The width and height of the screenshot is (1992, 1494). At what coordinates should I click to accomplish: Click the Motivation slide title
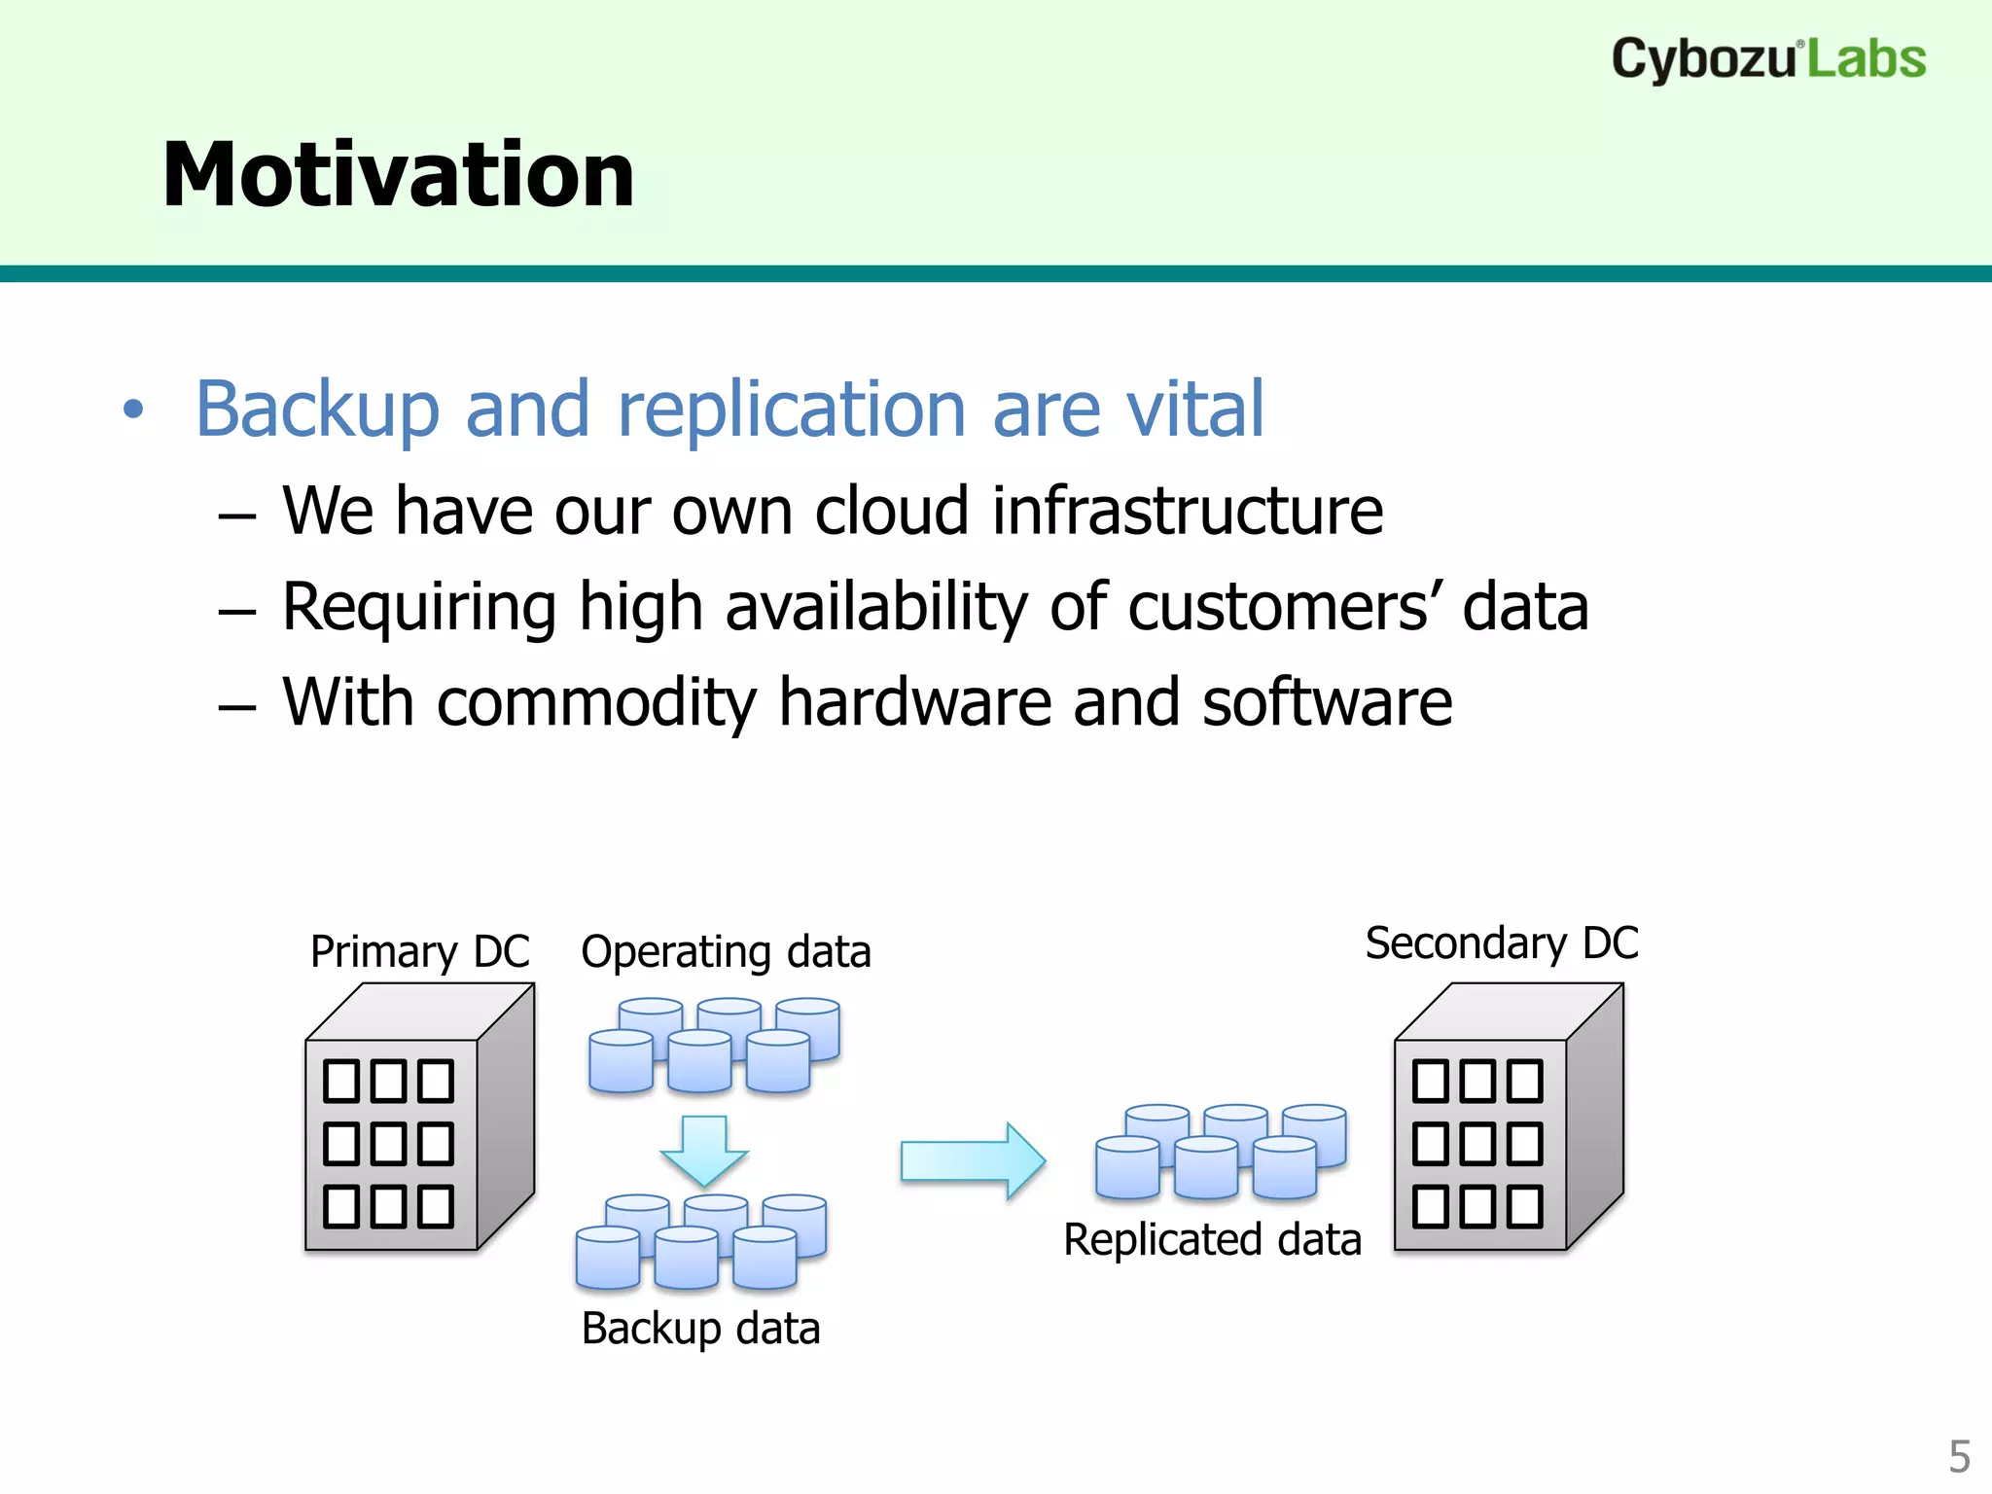[398, 175]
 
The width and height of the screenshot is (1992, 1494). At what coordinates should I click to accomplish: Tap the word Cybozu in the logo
[1702, 60]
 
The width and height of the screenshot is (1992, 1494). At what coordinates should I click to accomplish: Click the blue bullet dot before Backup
[133, 409]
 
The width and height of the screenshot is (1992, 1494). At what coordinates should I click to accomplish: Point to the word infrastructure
[1187, 511]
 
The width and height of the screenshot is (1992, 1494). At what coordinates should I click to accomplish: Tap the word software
[1327, 702]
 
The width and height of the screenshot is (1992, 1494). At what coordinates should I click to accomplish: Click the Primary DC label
[419, 951]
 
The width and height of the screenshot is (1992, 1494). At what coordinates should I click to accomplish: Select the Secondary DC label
[1502, 943]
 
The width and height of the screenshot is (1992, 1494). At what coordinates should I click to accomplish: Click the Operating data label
[726, 951]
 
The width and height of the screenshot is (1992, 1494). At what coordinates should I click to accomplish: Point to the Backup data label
[700, 1329]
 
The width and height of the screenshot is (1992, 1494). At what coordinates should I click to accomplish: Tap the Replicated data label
[1212, 1240]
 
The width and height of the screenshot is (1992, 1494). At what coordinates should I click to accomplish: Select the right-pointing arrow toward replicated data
[973, 1161]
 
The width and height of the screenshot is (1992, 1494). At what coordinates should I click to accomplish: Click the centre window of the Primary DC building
[388, 1144]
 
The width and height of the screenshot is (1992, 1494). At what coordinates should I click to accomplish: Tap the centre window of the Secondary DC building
[1476, 1144]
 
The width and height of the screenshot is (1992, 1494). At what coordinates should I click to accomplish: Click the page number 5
[1959, 1457]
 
